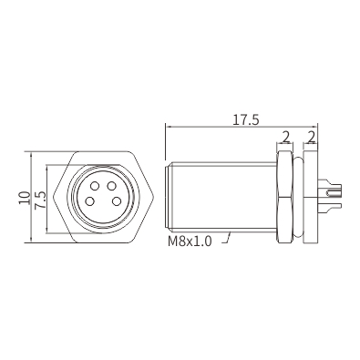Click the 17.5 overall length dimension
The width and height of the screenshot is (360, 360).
(x=246, y=120)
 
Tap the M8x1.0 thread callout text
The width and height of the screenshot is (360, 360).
(x=190, y=242)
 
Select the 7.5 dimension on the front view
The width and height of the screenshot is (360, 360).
(x=40, y=200)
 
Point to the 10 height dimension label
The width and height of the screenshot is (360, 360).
(x=25, y=198)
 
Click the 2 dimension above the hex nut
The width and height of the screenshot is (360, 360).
(x=285, y=138)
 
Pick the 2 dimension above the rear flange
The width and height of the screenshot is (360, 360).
(x=311, y=138)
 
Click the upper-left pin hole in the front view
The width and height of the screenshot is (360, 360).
(x=95, y=185)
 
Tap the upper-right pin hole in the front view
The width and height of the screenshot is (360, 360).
(x=112, y=185)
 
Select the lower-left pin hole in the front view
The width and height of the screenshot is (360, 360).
(x=89, y=201)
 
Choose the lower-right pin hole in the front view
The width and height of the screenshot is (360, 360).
(x=117, y=201)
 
